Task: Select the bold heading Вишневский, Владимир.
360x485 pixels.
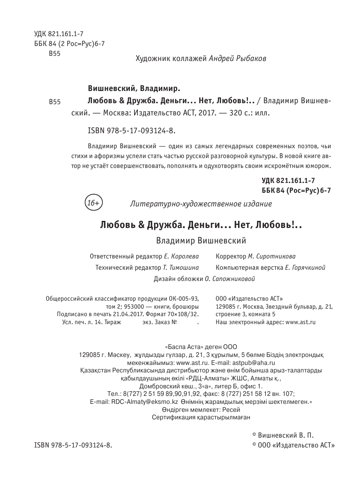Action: pyautogui.click(x=134, y=88)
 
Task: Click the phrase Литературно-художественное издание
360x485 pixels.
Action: pyautogui.click(x=200, y=204)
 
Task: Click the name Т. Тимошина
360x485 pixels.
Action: pyautogui.click(x=181, y=268)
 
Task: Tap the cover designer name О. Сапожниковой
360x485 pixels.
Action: pyautogui.click(x=229, y=279)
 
